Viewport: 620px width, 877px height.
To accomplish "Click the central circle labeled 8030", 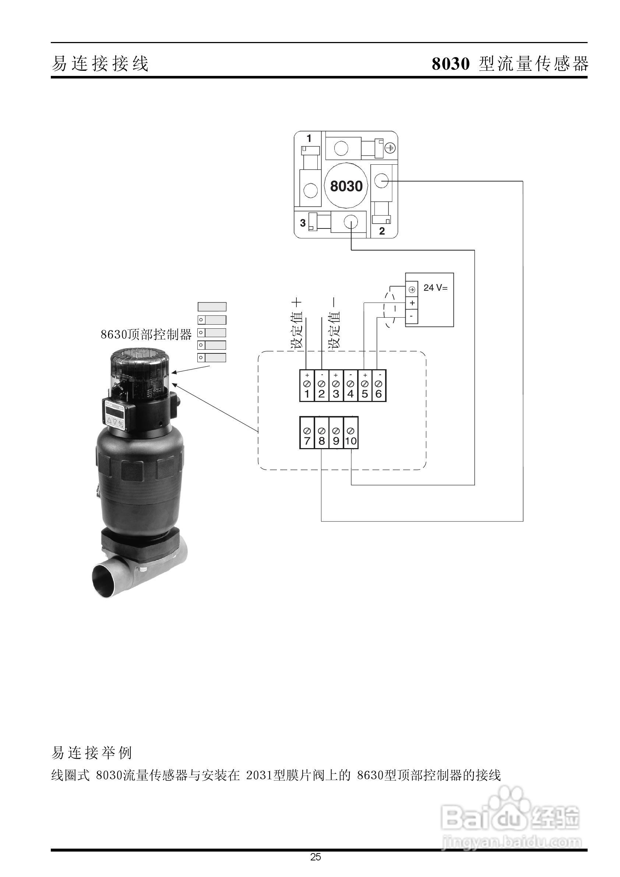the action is tap(346, 186).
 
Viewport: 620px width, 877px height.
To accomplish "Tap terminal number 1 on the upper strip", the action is tap(307, 386).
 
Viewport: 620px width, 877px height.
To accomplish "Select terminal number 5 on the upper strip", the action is tap(364, 386).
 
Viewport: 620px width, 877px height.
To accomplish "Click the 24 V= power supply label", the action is tap(435, 288).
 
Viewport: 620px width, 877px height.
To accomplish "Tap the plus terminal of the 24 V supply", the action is tap(412, 303).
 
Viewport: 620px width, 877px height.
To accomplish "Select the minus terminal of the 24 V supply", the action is tap(412, 317).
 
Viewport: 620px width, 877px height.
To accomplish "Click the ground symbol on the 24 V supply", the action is tap(412, 289).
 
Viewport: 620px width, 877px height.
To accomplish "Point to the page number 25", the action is tap(316, 857).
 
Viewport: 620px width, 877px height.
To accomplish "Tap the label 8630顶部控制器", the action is tap(146, 334).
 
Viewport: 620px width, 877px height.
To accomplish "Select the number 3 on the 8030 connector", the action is tap(303, 223).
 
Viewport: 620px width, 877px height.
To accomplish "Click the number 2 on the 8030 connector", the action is tap(382, 231).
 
